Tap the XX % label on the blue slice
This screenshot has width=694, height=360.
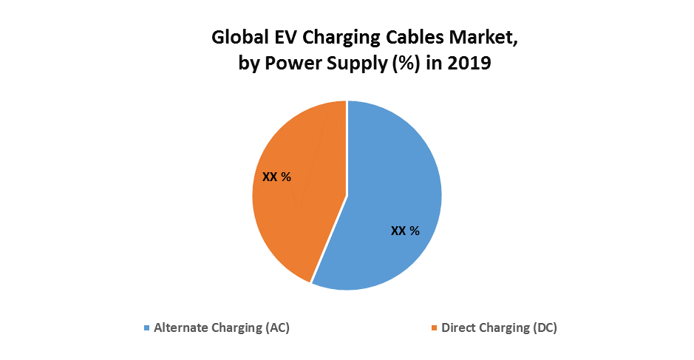click(404, 231)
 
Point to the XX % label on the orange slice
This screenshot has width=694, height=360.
click(276, 177)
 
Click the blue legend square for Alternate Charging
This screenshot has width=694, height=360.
click(146, 327)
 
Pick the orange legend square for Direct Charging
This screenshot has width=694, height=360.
click(435, 327)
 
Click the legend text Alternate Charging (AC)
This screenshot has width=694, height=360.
click(221, 327)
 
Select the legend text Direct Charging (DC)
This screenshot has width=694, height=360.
click(498, 327)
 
